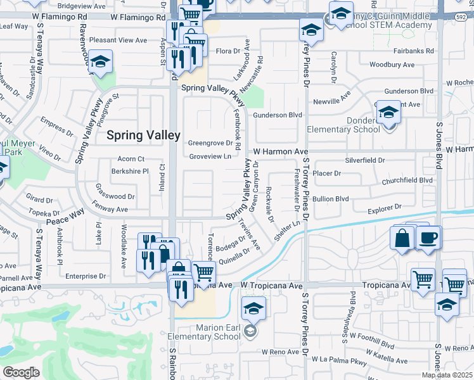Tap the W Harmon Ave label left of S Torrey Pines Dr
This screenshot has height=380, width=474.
[x=281, y=152]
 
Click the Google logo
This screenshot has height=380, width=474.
[x=21, y=372]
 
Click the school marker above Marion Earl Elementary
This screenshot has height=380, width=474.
[x=253, y=308]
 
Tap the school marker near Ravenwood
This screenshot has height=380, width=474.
[x=100, y=62]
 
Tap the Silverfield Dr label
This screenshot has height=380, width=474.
[x=364, y=161]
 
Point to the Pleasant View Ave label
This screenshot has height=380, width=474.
[x=118, y=40]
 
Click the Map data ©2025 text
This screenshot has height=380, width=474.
[x=448, y=375]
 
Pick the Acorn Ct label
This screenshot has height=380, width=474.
[x=131, y=159]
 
